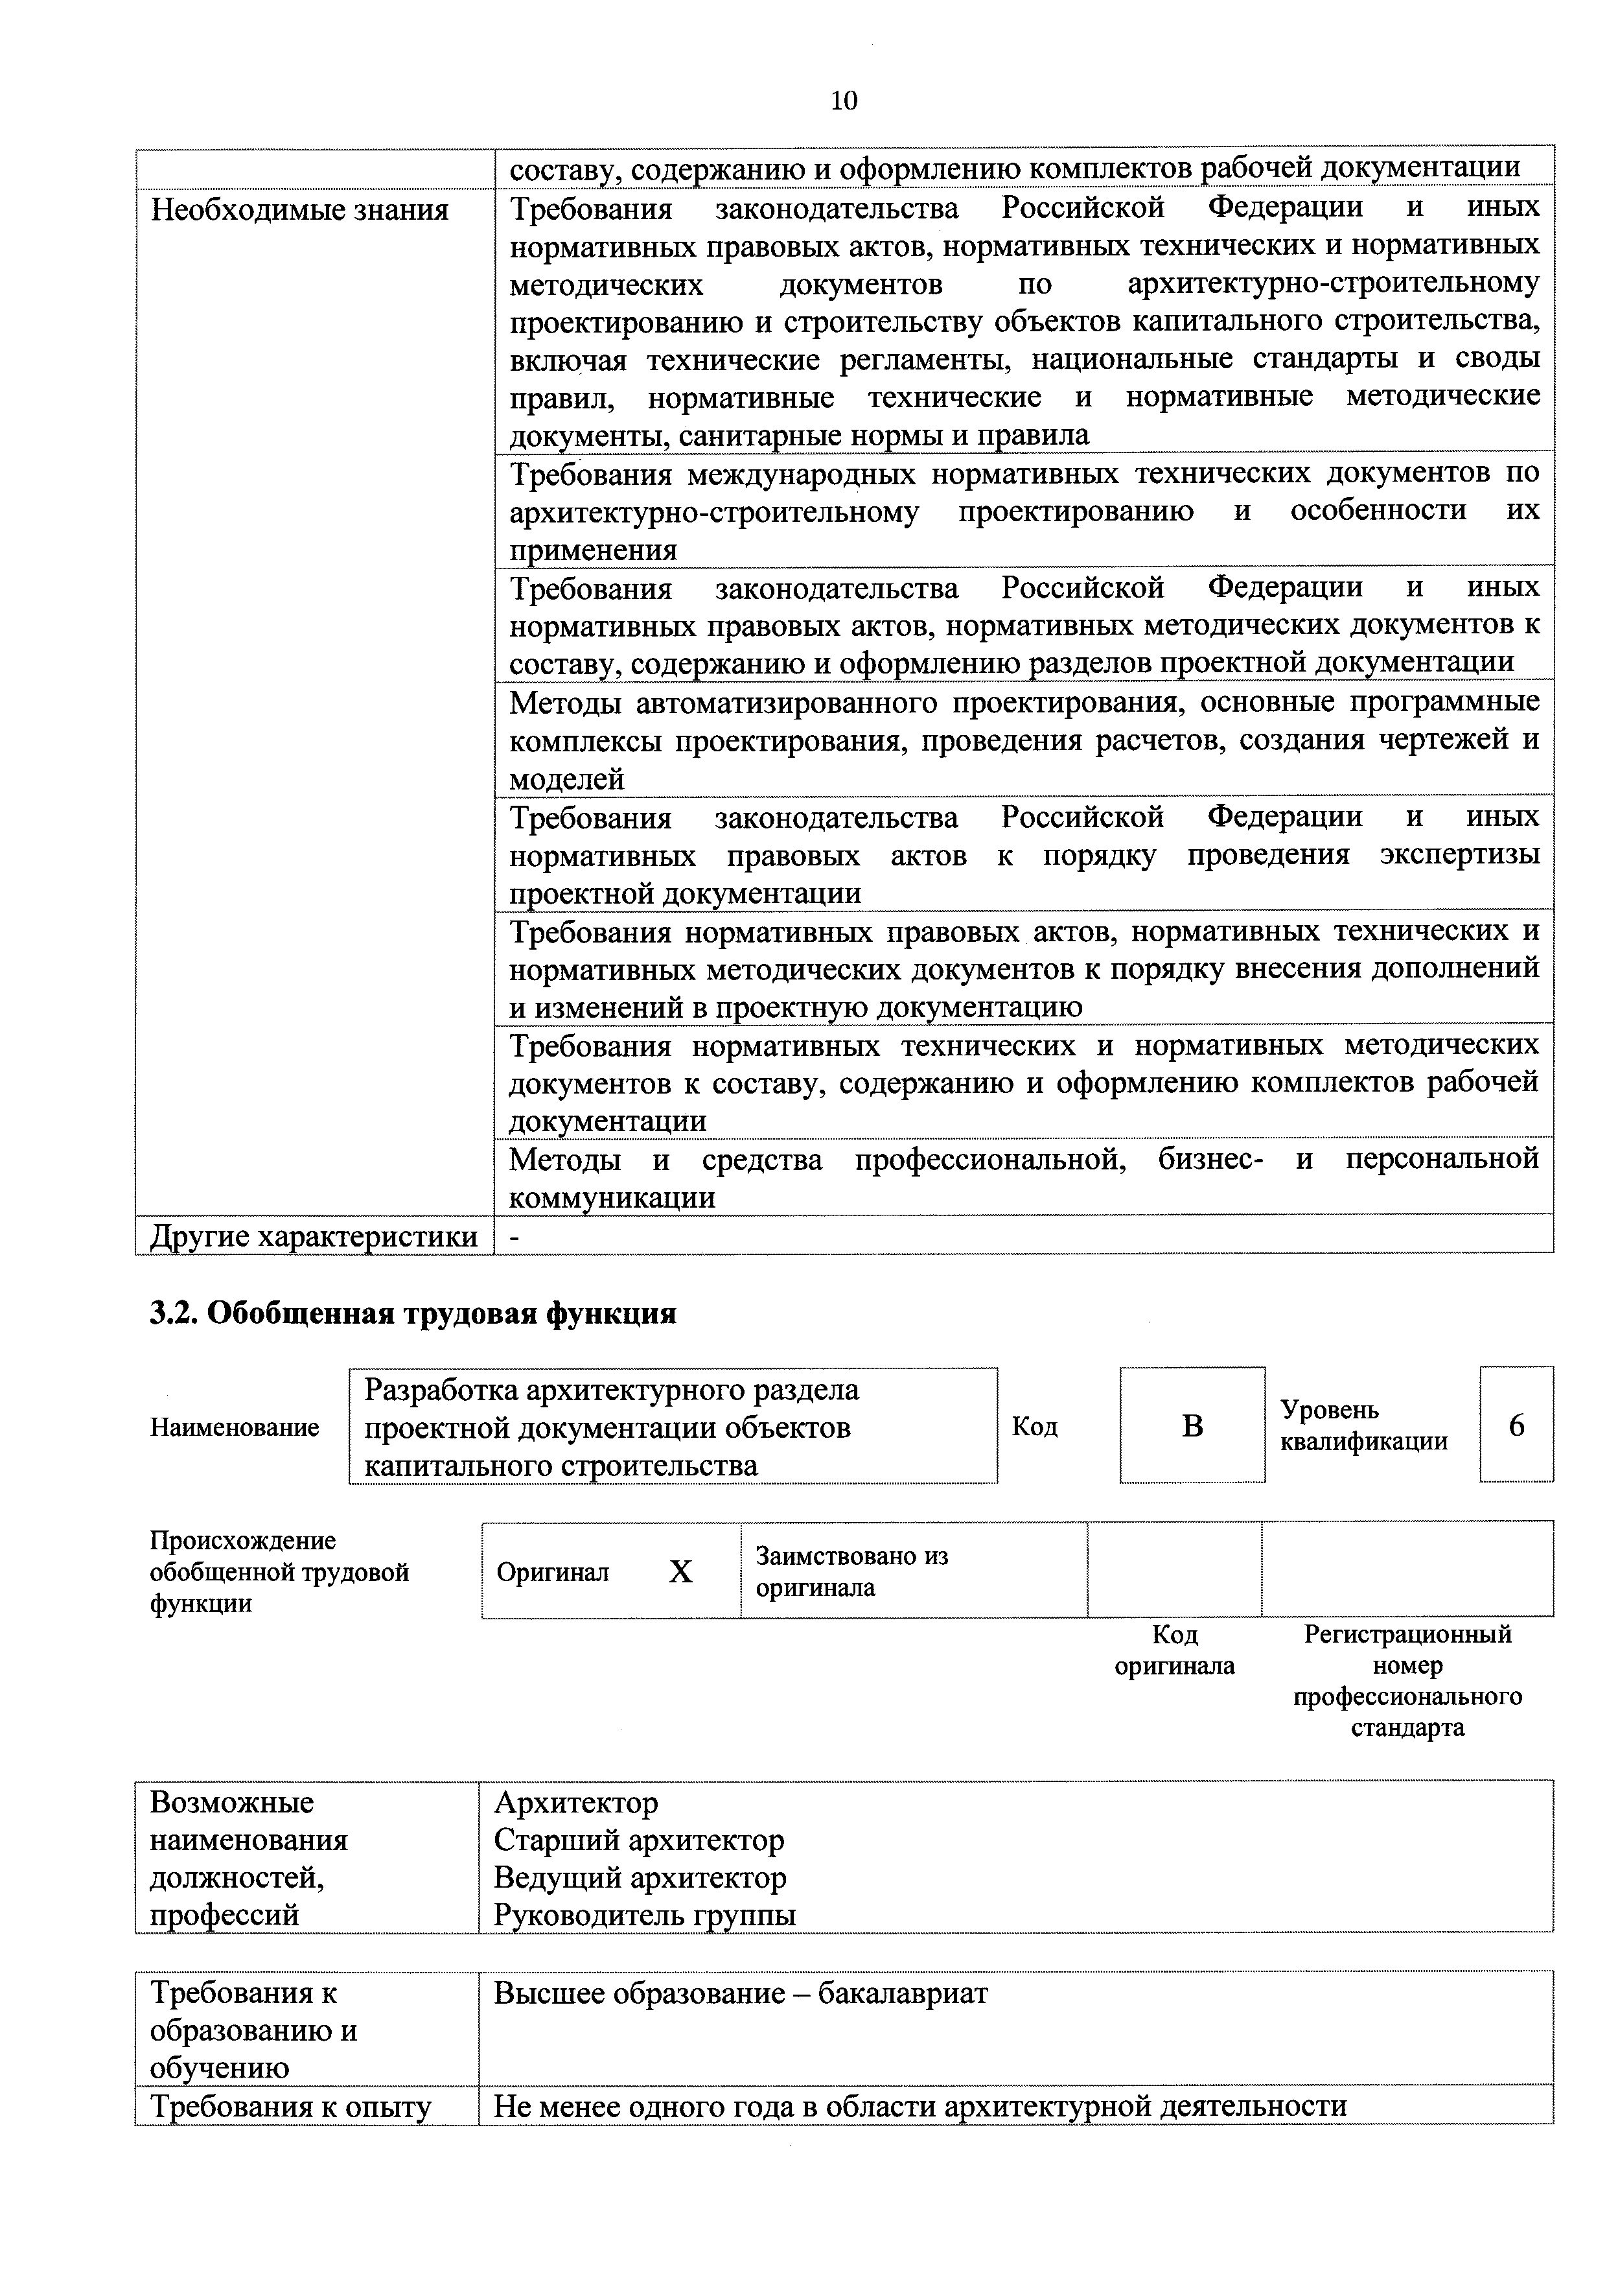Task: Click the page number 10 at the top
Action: [x=844, y=100]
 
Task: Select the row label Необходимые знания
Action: [x=299, y=210]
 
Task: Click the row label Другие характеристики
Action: [x=313, y=1237]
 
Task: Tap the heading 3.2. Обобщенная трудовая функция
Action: [x=413, y=1313]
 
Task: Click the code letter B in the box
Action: [x=1192, y=1425]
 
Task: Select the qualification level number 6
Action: [x=1516, y=1425]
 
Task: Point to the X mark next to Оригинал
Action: [x=680, y=1572]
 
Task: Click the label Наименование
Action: [x=235, y=1427]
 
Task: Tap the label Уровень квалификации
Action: [x=1363, y=1425]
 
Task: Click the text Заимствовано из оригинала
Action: [x=851, y=1572]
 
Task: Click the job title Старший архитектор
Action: [x=639, y=1840]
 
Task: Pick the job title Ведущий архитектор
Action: [x=640, y=1878]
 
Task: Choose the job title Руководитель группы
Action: [x=645, y=1916]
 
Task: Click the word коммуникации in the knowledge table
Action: [x=611, y=1199]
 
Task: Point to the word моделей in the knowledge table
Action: [x=566, y=779]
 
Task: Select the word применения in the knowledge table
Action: [x=593, y=550]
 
